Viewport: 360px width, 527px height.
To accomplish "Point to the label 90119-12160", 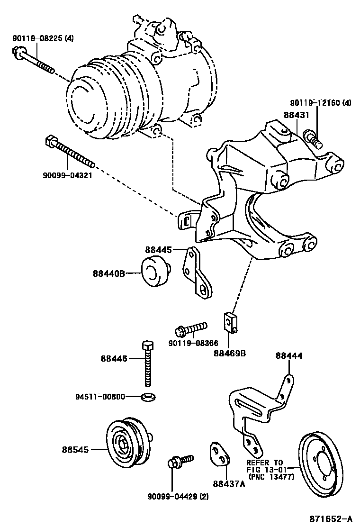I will [321, 103].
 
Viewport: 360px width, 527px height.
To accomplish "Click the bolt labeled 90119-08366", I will [191, 328].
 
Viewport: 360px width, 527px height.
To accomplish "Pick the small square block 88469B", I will [229, 322].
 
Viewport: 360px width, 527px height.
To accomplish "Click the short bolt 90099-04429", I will [180, 460].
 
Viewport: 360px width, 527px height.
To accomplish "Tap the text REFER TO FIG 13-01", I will [265, 466].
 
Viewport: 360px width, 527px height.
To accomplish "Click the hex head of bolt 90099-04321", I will [51, 141].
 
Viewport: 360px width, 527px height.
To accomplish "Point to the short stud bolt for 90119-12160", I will [313, 136].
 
